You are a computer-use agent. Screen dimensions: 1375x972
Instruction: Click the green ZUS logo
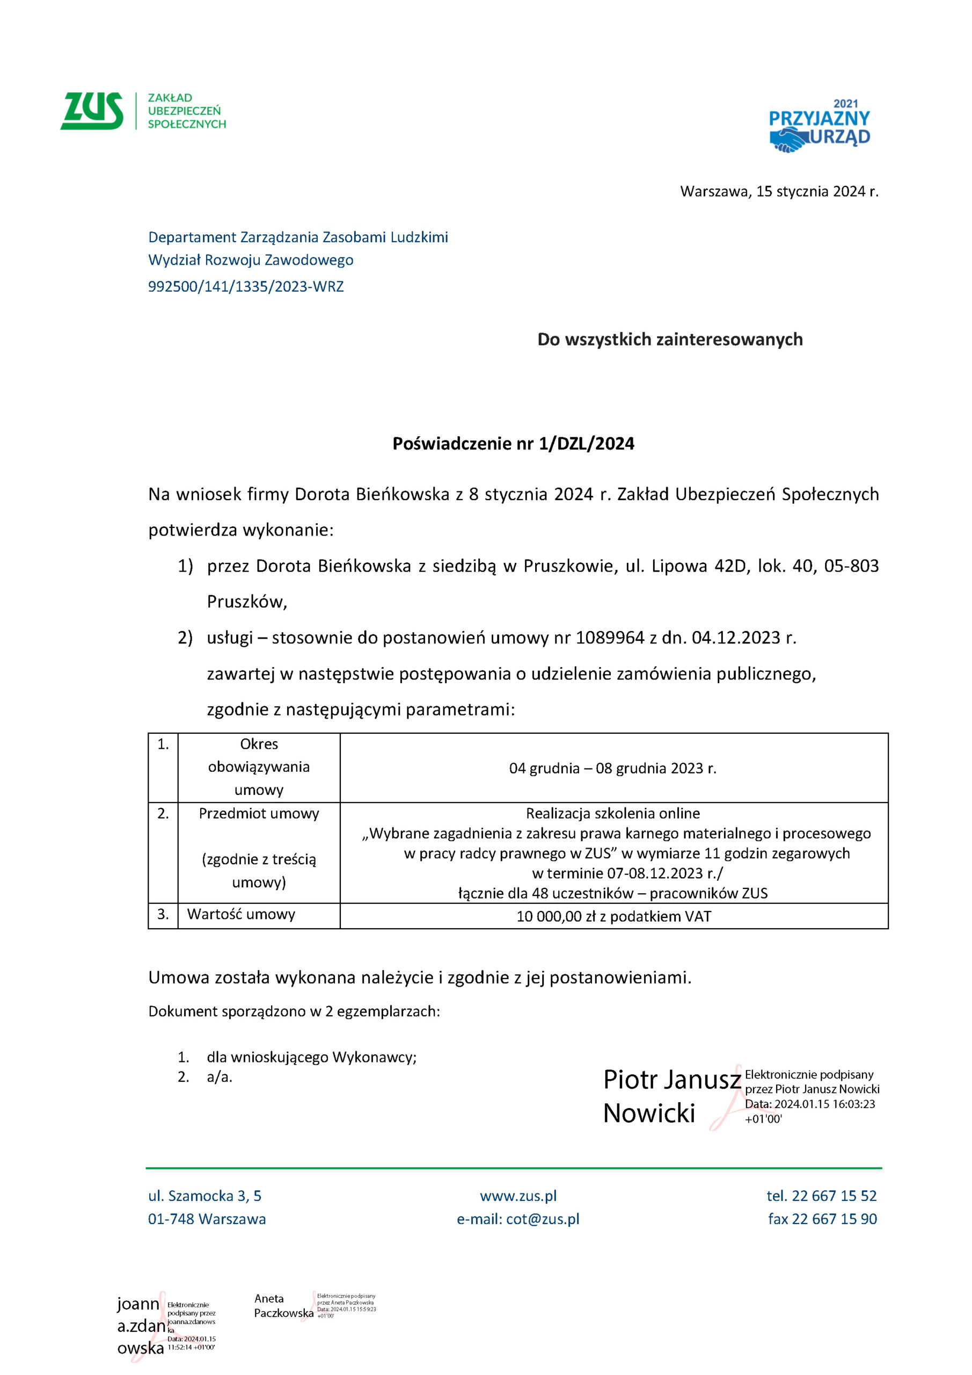pyautogui.click(x=92, y=111)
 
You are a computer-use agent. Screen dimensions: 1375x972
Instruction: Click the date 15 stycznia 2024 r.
pyautogui.click(x=817, y=192)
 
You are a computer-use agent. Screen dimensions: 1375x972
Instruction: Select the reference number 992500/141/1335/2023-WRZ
pyautogui.click(x=246, y=287)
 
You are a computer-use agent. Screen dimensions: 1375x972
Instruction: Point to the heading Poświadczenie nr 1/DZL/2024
pyautogui.click(x=513, y=444)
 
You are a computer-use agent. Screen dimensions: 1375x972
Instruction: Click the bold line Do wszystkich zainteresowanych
pyautogui.click(x=670, y=339)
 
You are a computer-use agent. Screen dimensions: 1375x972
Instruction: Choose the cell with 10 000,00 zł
pyautogui.click(x=613, y=916)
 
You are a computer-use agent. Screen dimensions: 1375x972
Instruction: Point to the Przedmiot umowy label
pyautogui.click(x=259, y=814)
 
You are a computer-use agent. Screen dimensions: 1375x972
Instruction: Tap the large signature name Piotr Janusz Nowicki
pyautogui.click(x=671, y=1097)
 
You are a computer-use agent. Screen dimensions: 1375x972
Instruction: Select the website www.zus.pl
pyautogui.click(x=518, y=1196)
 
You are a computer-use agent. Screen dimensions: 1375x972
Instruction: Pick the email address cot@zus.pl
pyautogui.click(x=543, y=1219)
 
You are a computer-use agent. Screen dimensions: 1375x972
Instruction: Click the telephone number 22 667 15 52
pyautogui.click(x=834, y=1196)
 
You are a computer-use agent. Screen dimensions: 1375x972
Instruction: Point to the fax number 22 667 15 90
pyautogui.click(x=835, y=1219)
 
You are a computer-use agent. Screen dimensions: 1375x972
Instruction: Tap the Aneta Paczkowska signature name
pyautogui.click(x=284, y=1306)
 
